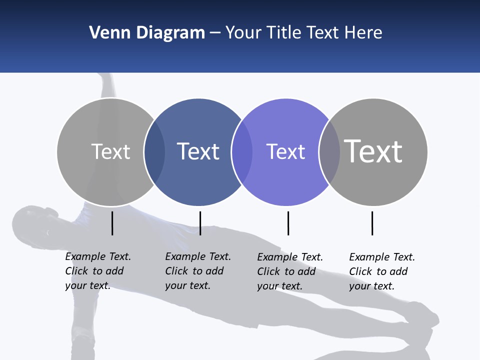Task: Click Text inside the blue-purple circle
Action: tap(285, 151)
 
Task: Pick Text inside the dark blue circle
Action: tap(198, 151)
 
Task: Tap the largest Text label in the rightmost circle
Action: tap(373, 151)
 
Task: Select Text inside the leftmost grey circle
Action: tap(110, 151)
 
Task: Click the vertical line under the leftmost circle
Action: tap(112, 223)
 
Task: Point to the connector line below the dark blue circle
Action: tap(200, 223)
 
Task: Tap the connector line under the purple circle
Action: tap(288, 223)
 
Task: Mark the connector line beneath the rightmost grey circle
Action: tap(372, 223)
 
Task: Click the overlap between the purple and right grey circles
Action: tap(329, 152)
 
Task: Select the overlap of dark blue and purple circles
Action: tap(242, 152)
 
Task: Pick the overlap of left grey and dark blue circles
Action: tap(154, 152)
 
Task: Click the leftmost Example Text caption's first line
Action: tap(98, 256)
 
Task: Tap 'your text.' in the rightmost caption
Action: tap(371, 286)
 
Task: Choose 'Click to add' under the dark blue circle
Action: tap(194, 271)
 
